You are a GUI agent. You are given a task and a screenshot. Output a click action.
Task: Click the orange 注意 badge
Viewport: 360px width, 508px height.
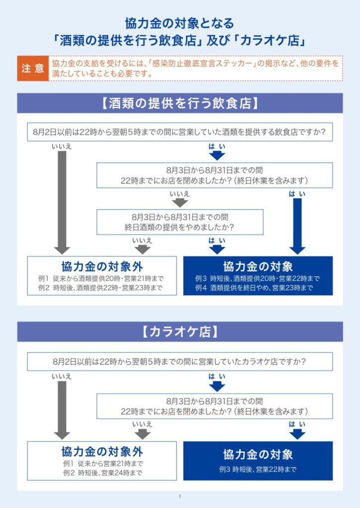pyautogui.click(x=33, y=68)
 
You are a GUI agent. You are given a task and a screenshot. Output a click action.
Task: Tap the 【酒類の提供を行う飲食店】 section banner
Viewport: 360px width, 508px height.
pyautogui.click(x=180, y=103)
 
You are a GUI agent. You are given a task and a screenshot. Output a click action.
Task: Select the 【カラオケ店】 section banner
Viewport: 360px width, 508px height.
pyautogui.click(x=180, y=332)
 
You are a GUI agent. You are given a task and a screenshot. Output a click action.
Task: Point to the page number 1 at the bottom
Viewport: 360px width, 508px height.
pyautogui.click(x=180, y=496)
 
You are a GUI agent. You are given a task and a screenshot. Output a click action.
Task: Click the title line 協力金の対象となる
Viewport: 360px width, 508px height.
pyautogui.click(x=180, y=24)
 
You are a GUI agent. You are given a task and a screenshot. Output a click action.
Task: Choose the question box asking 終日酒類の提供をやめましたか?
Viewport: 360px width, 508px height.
pyautogui.click(x=180, y=222)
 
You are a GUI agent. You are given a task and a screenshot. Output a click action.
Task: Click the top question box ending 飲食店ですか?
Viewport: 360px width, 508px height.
pyautogui.click(x=180, y=132)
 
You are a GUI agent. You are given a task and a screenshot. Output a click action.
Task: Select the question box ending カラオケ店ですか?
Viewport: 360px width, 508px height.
pyautogui.click(x=180, y=362)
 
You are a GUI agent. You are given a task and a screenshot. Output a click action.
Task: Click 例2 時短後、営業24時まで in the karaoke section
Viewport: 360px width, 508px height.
pyautogui.click(x=102, y=473)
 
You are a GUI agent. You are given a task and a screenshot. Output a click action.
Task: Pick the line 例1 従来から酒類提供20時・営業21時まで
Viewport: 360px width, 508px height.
pyautogui.click(x=101, y=278)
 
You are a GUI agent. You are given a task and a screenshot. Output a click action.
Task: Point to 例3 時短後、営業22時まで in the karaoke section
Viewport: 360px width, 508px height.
pyautogui.click(x=258, y=469)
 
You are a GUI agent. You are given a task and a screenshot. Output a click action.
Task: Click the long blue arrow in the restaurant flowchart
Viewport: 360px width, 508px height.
pyautogui.click(x=297, y=226)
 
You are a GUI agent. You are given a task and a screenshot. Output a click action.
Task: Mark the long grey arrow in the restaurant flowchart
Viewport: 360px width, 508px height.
pyautogui.click(x=62, y=202)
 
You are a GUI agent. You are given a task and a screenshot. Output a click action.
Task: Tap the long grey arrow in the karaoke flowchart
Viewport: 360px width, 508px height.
pyautogui.click(x=62, y=410)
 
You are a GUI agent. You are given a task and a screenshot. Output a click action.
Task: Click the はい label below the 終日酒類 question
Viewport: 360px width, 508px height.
pyautogui.click(x=217, y=241)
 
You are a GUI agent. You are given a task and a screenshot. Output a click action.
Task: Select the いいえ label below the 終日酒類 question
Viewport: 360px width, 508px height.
pyautogui.click(x=142, y=241)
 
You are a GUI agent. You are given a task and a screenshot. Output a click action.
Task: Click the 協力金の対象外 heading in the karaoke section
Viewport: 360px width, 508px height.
pyautogui.click(x=102, y=451)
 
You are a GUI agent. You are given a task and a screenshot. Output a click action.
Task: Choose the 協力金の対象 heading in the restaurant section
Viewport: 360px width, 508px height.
pyautogui.click(x=258, y=266)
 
